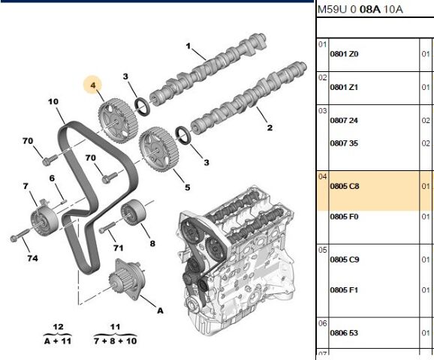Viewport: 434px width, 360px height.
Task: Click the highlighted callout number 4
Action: click(x=93, y=85)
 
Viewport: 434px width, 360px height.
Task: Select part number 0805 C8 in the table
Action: click(x=345, y=186)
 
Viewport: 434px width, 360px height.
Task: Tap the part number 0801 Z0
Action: click(x=344, y=54)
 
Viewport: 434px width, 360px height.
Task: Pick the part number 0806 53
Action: click(x=344, y=333)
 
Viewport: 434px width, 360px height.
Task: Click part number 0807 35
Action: click(x=344, y=143)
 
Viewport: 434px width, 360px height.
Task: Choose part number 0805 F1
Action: click(x=344, y=289)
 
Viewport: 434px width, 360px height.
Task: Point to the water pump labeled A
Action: click(x=127, y=279)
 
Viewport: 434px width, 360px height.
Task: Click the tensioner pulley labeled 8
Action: click(x=133, y=212)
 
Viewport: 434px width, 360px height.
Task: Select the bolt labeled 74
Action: click(x=20, y=235)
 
